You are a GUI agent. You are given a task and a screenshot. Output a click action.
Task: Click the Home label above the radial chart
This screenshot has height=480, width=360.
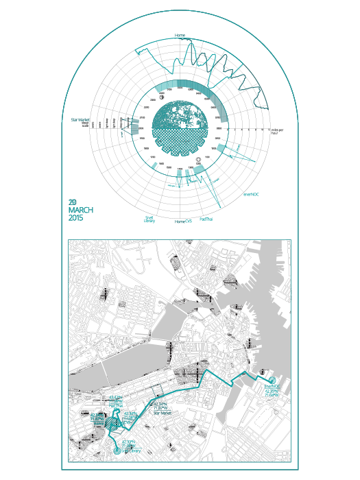click(180, 35)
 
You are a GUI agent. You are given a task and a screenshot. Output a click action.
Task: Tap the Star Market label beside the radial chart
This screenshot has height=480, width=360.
click(81, 120)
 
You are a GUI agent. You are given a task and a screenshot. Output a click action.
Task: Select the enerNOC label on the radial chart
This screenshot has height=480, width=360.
click(251, 194)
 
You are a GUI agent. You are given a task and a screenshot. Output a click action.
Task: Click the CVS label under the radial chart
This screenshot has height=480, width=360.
click(189, 221)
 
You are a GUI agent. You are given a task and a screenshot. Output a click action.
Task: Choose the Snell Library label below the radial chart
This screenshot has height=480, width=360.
click(149, 219)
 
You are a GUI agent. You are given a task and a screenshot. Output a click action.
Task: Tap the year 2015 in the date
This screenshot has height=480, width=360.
click(76, 218)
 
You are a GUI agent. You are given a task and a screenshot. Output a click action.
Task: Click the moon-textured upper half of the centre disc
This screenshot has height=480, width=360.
click(180, 113)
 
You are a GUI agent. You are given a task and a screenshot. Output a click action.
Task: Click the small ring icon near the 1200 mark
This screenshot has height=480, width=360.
click(198, 160)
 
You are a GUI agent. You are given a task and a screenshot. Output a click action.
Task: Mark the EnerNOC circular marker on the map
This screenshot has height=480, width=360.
click(272, 381)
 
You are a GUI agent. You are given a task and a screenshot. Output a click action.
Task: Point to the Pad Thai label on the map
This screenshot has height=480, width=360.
click(115, 405)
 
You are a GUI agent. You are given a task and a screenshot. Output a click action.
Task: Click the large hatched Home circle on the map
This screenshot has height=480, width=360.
click(115, 425)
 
